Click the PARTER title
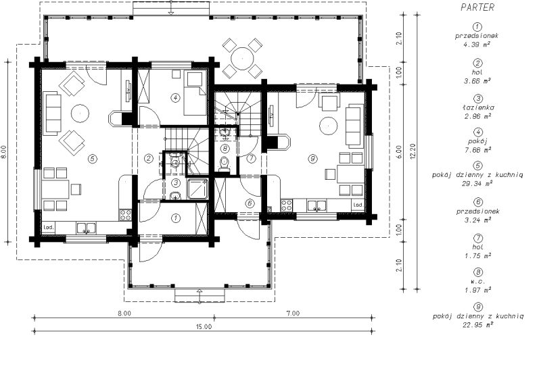point(477,7)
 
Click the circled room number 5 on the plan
point(92,159)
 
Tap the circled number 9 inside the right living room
point(312,159)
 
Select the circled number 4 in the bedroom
point(175,97)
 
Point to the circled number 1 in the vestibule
point(176,218)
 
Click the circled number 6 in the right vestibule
point(250,203)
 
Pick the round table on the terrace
point(242,58)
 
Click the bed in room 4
point(195,93)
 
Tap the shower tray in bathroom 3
point(197,189)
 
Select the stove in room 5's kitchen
point(125,215)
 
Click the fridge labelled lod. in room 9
point(358,205)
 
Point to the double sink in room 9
point(316,206)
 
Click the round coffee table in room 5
point(80,113)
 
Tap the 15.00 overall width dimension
point(204,327)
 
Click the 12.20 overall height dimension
point(413,150)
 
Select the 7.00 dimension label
point(293,314)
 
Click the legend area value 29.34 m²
point(477,184)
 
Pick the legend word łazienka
point(477,107)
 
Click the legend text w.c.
point(477,281)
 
